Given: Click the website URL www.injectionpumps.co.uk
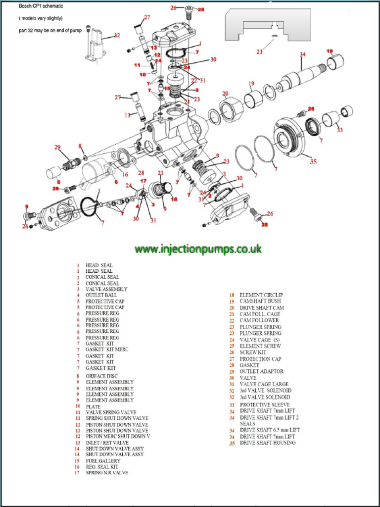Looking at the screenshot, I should tap(198, 249).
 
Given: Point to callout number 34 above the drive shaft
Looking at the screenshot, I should tap(302, 54).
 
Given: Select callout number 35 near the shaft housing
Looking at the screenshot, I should tap(313, 161).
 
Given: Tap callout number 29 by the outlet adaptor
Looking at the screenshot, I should tap(57, 147).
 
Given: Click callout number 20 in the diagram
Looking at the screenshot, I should tap(225, 94).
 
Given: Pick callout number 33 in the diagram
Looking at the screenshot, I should tap(339, 130).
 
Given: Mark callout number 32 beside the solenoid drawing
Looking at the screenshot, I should tap(117, 35).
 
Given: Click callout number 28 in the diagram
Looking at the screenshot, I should tap(142, 173).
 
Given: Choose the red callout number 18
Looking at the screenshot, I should tap(174, 199).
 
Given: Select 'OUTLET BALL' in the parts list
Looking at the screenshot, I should tap(101, 295).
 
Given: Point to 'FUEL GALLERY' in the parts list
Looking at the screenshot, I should tap(103, 461).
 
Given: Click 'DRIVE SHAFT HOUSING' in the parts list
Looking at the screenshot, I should tap(268, 443).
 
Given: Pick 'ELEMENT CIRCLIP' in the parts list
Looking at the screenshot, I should tap(261, 295).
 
